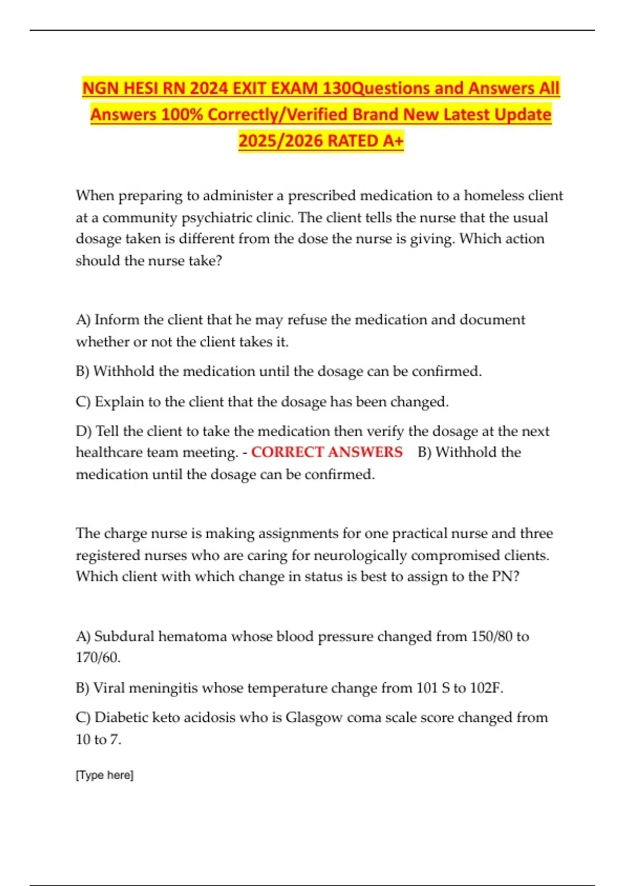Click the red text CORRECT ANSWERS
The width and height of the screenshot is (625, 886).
327,452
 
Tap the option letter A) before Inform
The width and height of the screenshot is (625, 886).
83,319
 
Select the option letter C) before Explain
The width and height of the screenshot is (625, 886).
83,402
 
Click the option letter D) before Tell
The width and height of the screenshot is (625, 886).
84,431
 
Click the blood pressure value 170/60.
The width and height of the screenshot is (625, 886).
98,658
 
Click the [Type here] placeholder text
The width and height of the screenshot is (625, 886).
105,775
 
